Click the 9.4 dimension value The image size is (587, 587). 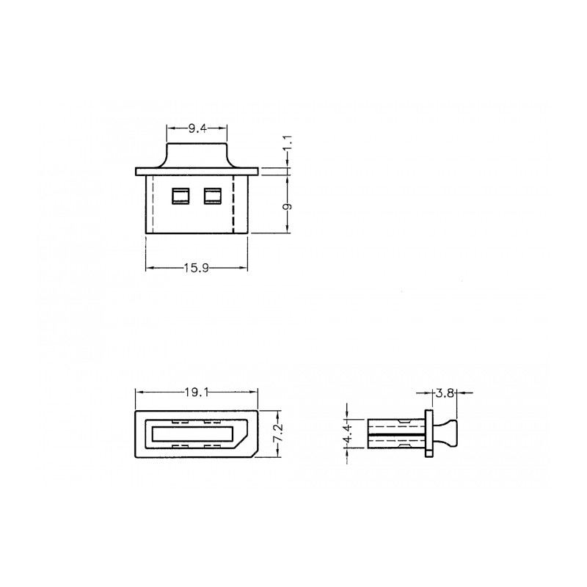tap(197, 129)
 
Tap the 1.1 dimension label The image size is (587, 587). tap(288, 143)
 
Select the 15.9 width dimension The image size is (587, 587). tap(197, 268)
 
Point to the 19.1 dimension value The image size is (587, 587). tap(197, 393)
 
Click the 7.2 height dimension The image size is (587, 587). tap(278, 434)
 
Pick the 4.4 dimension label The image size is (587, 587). tap(348, 434)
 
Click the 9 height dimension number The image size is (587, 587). tap(288, 207)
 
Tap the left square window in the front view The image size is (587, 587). tap(181, 196)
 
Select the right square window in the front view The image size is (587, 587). tap(213, 196)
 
